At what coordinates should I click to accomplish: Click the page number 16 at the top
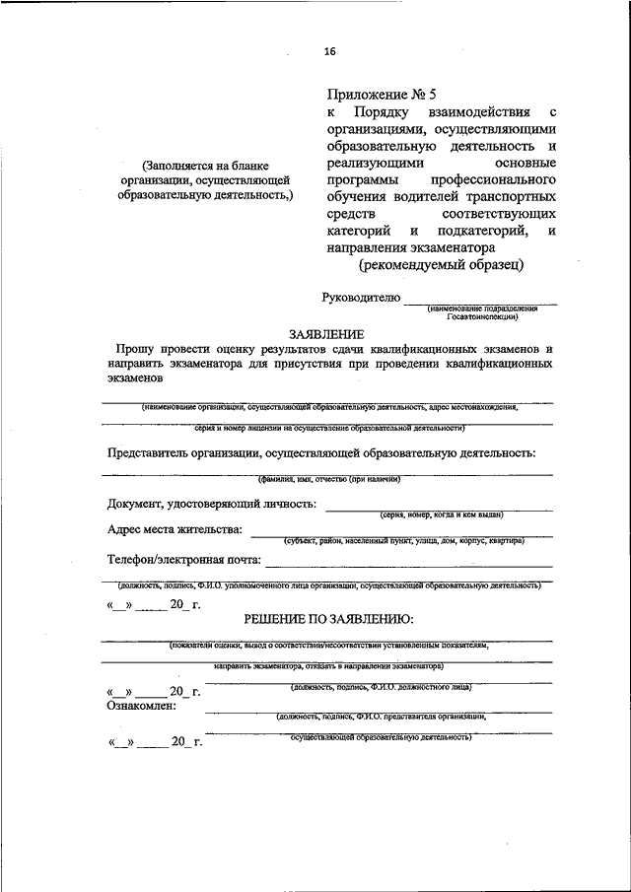coord(329,52)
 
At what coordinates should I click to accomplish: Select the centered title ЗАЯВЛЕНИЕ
coord(325,334)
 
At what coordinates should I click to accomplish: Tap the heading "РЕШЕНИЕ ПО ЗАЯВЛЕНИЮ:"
coord(328,619)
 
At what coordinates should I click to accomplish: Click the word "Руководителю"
coord(362,297)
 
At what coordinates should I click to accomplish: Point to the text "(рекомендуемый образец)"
coord(441,264)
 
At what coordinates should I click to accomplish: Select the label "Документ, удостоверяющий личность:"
coord(212,504)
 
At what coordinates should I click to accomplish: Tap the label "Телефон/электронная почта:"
coord(184,560)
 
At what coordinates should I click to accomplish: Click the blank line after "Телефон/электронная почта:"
coord(408,565)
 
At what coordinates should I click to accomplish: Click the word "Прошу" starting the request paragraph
coord(134,350)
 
